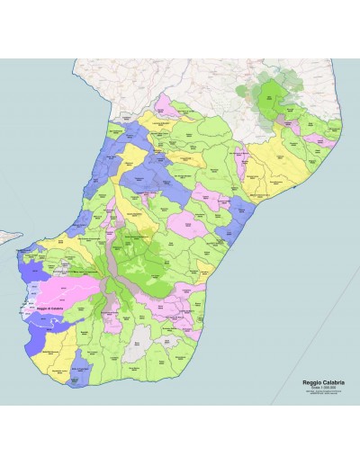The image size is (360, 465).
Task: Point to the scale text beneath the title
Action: (321, 388)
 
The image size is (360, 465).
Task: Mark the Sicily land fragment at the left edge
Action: (7, 237)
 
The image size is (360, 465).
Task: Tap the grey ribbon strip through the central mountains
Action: (112, 270)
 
